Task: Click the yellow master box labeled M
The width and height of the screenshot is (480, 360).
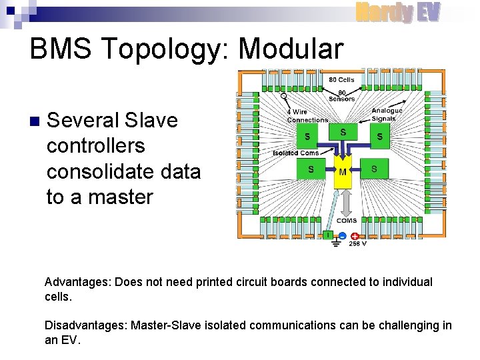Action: click(x=343, y=172)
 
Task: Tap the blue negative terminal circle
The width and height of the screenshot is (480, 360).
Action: click(x=341, y=235)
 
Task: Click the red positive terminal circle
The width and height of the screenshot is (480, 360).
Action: click(x=355, y=235)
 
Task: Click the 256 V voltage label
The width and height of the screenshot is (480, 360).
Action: click(x=358, y=244)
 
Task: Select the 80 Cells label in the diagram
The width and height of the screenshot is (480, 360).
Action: click(x=341, y=80)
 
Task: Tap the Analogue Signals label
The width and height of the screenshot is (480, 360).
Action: click(x=387, y=115)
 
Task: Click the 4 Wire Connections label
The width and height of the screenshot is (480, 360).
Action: click(x=307, y=116)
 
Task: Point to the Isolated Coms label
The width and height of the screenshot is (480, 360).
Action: click(x=296, y=153)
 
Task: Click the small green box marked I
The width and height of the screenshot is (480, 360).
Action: click(x=327, y=235)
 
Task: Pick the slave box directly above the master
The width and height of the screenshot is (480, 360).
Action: click(x=343, y=133)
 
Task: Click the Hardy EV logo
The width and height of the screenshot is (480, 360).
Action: click(x=397, y=12)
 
